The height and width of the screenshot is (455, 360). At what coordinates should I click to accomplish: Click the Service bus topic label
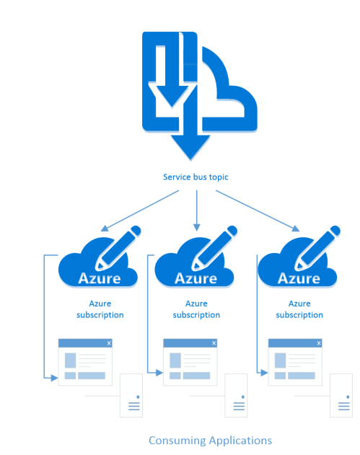click(196, 177)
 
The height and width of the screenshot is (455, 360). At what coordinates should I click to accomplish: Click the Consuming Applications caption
click(210, 441)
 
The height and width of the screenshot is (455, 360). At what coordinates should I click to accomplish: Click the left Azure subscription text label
click(100, 309)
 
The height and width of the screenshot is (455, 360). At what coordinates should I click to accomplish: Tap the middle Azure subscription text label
click(196, 309)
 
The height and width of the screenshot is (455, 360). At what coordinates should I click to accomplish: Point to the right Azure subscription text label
click(299, 309)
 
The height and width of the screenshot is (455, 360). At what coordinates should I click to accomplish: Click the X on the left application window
click(109, 343)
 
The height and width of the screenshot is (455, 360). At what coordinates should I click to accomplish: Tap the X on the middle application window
click(214, 343)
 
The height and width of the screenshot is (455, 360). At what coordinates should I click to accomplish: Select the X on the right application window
click(319, 343)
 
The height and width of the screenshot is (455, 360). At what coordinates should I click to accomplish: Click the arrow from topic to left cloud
click(140, 211)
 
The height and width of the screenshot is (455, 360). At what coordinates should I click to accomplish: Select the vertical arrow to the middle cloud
click(197, 211)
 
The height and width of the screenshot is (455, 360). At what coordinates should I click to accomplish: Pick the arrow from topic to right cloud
click(258, 211)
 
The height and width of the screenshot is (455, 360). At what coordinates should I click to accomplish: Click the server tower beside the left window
click(131, 396)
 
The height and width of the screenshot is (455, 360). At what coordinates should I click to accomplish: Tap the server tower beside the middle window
click(236, 396)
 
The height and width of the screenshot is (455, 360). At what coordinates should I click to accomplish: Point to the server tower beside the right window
click(341, 396)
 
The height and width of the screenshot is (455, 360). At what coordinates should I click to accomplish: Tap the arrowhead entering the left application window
click(54, 378)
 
